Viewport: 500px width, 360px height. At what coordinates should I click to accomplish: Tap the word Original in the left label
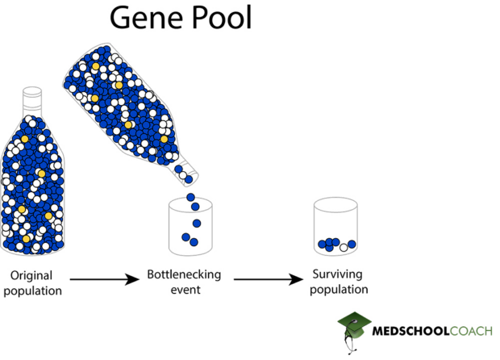click(31, 275)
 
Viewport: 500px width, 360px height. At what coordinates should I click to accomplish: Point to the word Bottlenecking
click(183, 274)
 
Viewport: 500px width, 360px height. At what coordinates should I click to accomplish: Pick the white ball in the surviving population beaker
click(344, 246)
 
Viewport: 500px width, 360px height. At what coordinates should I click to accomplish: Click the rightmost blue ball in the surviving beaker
click(352, 245)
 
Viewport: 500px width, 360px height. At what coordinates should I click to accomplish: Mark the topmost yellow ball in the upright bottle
click(25, 140)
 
